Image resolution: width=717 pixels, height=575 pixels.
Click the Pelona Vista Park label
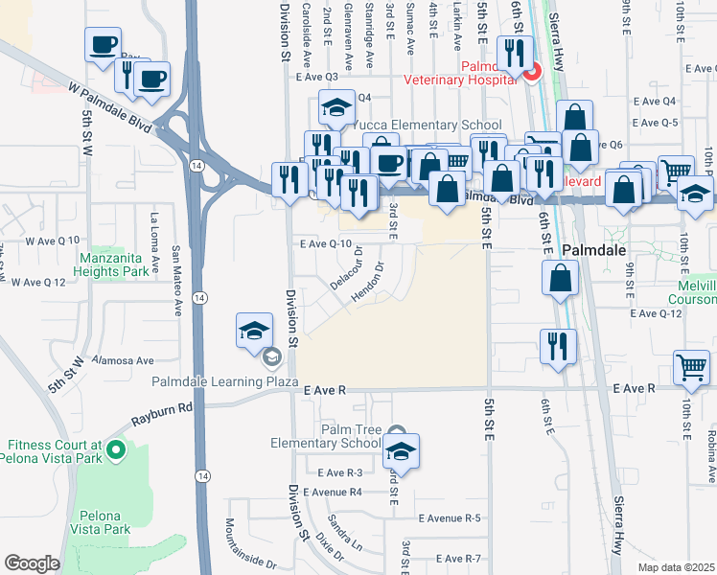(x=104, y=522)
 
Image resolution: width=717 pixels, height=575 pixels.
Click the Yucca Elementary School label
(x=427, y=126)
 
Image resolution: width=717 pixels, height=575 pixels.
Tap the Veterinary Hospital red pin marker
(x=531, y=70)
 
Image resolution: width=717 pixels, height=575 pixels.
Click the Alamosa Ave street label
(x=128, y=361)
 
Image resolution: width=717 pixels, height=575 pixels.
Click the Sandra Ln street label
(x=345, y=532)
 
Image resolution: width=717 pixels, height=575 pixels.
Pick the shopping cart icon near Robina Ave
(x=692, y=369)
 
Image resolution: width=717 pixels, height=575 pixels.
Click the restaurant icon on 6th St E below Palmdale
(x=558, y=346)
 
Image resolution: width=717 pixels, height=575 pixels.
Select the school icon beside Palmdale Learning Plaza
(x=254, y=332)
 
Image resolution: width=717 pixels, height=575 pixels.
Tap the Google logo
(x=33, y=563)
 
